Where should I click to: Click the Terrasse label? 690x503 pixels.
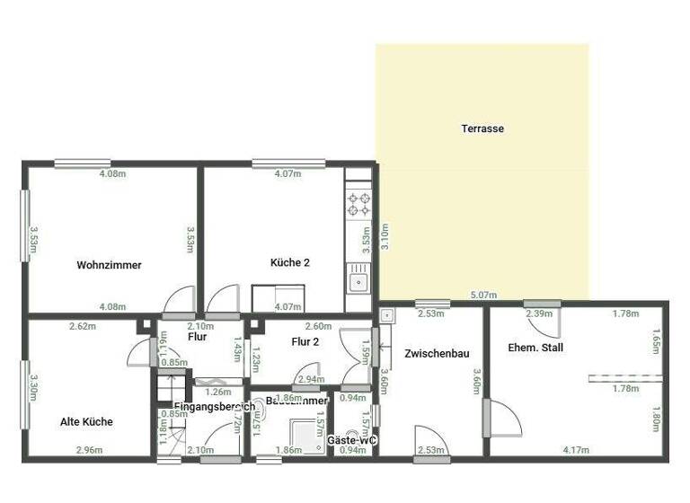point(482,128)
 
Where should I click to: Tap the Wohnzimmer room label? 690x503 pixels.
point(109,265)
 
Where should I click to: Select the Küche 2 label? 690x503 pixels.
point(290,263)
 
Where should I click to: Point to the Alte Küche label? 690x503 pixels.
point(86,421)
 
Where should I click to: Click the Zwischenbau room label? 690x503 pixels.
point(437,353)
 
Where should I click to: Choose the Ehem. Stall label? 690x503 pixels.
point(535,347)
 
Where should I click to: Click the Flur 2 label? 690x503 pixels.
point(305,341)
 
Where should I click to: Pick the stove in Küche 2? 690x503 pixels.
point(359,204)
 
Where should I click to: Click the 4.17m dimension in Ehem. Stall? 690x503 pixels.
point(576,449)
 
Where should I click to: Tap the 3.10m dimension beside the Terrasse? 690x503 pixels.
point(384,236)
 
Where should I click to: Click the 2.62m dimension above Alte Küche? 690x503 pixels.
point(82,326)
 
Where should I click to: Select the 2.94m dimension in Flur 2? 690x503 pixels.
point(311,379)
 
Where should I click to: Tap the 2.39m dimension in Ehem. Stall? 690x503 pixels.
point(538,313)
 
